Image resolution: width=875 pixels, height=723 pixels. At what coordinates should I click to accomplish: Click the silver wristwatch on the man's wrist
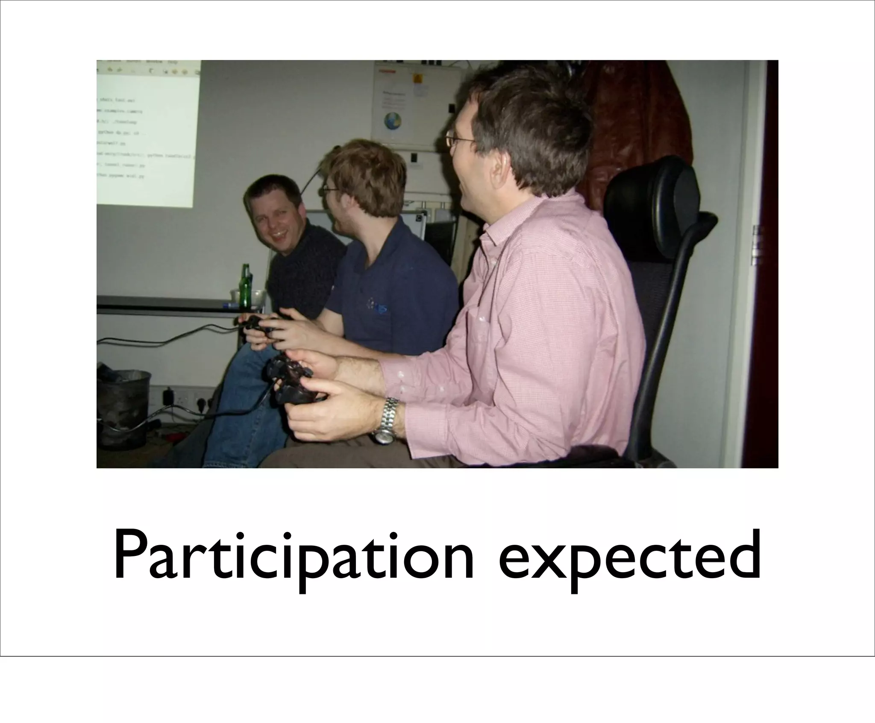point(387,421)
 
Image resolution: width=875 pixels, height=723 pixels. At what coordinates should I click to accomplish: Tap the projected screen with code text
point(147,132)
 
